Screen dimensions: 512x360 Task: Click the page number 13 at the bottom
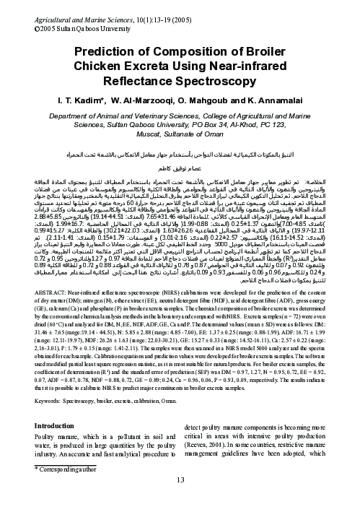tap(180, 502)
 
